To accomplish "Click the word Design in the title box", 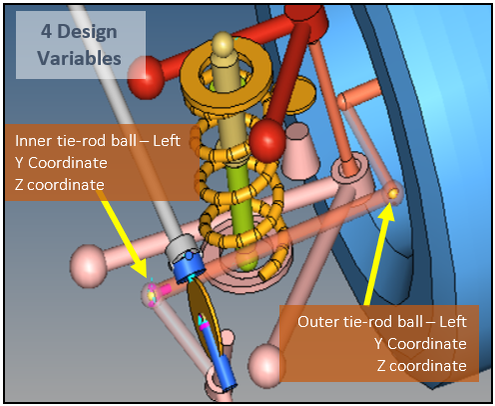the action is click(x=87, y=33).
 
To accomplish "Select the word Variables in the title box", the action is click(x=79, y=58).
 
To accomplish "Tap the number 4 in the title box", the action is click(x=46, y=32).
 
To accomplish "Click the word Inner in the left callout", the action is click(x=34, y=141).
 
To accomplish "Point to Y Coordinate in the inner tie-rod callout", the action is click(x=61, y=163).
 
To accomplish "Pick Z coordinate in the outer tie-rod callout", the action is click(x=422, y=366).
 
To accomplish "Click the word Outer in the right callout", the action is click(x=317, y=322).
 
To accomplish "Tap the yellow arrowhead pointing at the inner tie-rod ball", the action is click(x=140, y=268).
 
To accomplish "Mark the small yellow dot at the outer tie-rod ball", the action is click(x=393, y=193).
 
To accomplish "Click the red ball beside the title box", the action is click(x=146, y=77).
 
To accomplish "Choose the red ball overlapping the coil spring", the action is click(x=267, y=140).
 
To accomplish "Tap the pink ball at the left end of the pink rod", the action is click(x=88, y=266).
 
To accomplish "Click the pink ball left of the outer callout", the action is click(x=266, y=366).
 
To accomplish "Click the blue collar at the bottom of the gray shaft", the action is click(x=189, y=267).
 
